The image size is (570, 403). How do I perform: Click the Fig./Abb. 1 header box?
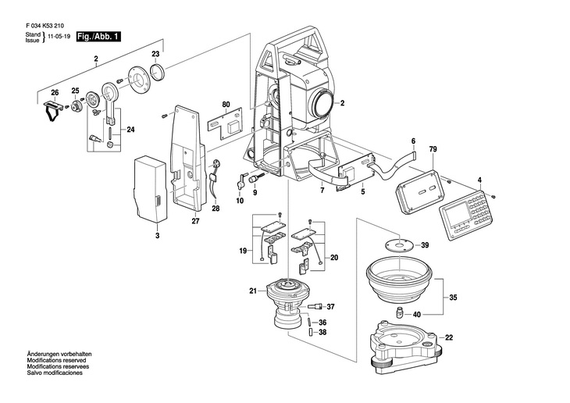coord(99,37)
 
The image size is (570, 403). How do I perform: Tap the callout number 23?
coord(155,54)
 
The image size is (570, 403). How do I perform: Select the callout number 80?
coord(226,104)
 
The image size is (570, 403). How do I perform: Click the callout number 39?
coord(425,245)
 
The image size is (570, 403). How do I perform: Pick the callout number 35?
coord(454,298)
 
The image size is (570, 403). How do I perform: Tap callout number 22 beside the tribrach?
coord(448,337)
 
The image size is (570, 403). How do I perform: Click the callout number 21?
coord(253,291)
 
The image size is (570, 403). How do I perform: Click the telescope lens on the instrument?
coord(322,102)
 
